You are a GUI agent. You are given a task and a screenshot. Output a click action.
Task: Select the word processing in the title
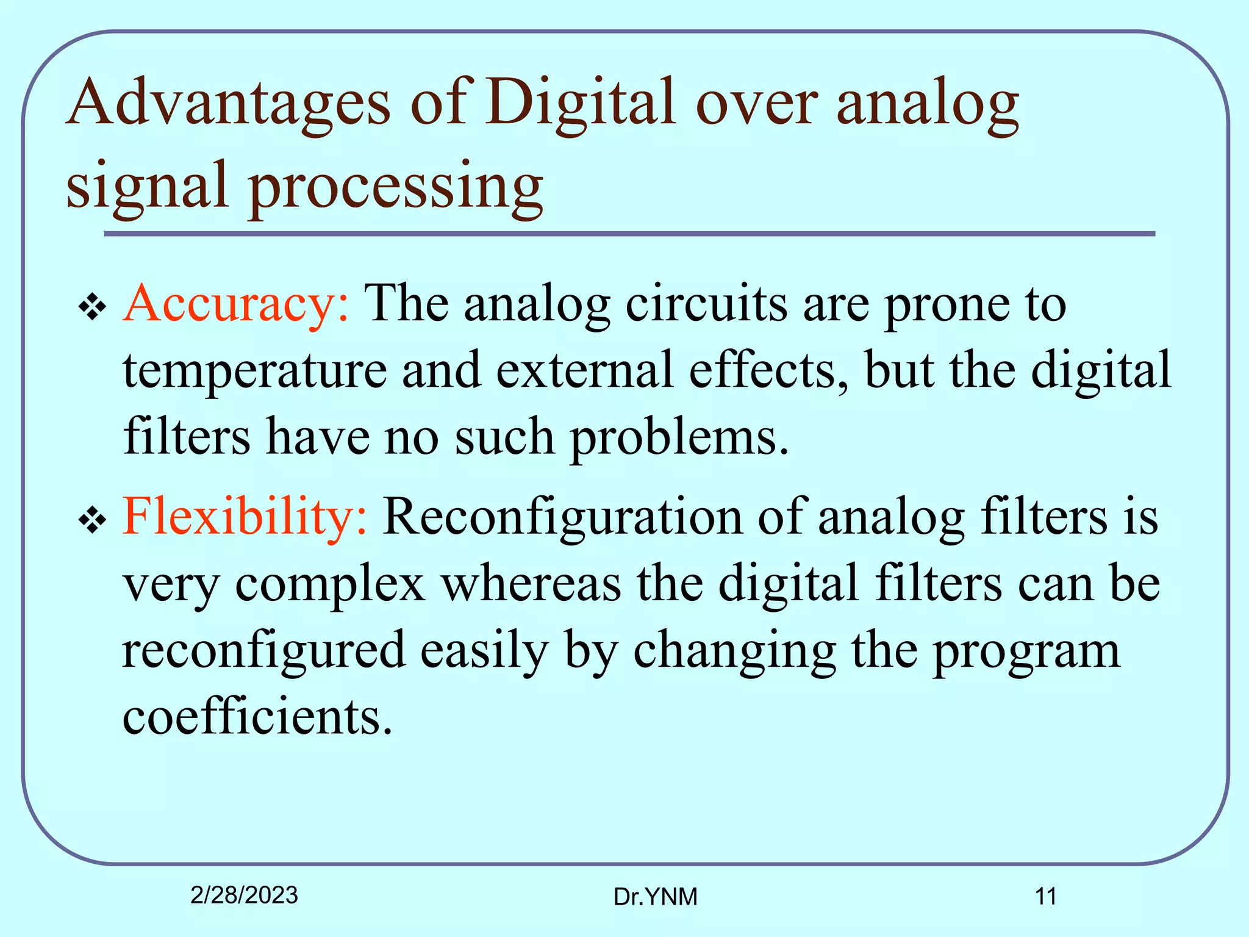396,185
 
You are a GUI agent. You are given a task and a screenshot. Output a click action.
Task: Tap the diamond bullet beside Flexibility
93,520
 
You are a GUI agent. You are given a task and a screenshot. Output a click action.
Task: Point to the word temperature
255,371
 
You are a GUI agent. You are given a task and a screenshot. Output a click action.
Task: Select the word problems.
679,437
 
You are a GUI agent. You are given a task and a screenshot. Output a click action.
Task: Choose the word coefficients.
257,716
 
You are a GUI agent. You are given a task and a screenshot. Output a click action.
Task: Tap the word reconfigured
263,650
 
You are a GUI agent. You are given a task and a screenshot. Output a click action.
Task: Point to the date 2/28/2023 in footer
244,895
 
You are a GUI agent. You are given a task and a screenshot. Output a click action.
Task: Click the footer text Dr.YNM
655,897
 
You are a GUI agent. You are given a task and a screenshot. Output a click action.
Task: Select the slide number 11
1045,897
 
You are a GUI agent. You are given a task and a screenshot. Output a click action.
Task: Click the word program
1026,650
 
